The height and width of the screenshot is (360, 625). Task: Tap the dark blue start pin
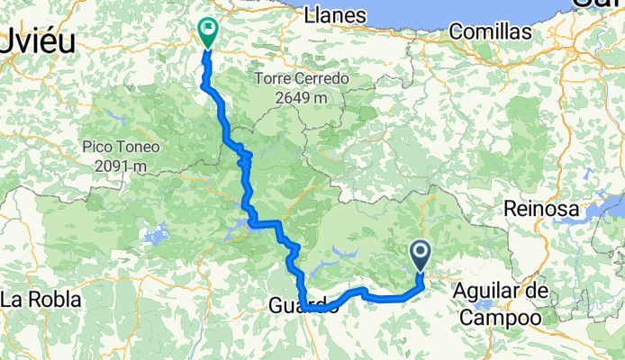click(421, 255)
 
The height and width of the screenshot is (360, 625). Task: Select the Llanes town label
click(336, 15)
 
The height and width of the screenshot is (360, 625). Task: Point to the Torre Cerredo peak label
click(301, 78)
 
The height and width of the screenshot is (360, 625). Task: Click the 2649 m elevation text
click(301, 96)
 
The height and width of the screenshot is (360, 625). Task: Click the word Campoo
click(500, 318)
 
